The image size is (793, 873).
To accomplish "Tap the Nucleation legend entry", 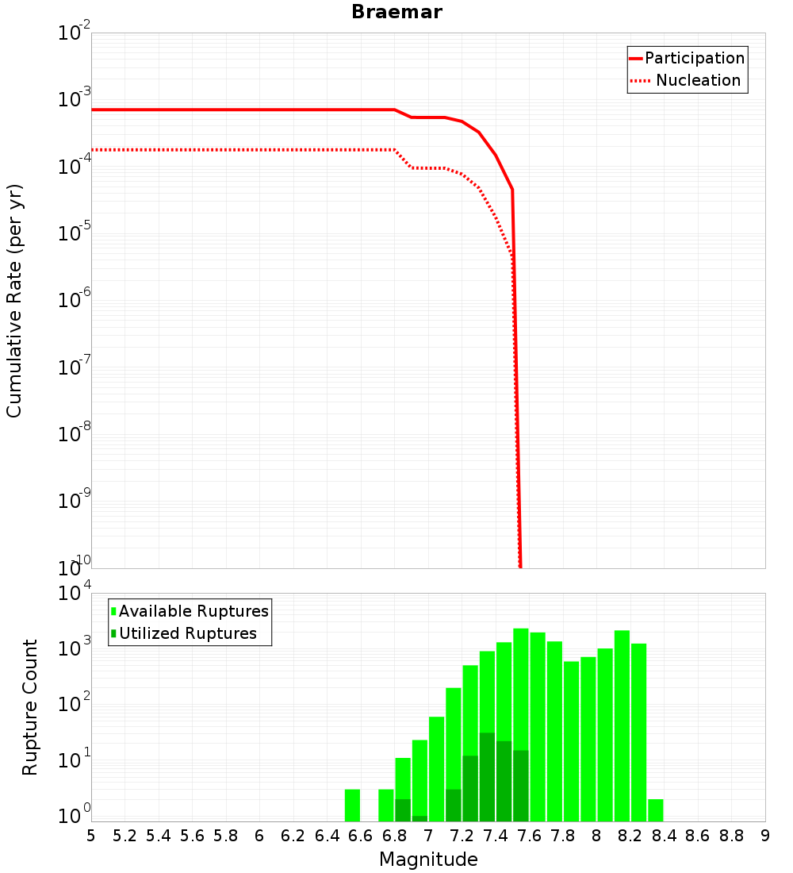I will click(698, 80).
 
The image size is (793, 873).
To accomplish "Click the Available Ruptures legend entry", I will click(193, 611).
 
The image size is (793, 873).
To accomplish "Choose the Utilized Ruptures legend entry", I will click(187, 633).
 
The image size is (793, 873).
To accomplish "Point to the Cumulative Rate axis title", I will click(14, 301).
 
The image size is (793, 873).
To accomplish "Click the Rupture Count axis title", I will click(30, 707).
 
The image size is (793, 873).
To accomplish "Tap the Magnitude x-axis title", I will click(428, 860).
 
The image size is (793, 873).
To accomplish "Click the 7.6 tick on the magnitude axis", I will click(529, 836).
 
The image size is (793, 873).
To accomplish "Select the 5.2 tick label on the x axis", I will click(125, 836).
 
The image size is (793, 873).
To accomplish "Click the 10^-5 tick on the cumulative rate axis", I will click(74, 234).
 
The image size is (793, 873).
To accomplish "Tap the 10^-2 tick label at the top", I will click(74, 34).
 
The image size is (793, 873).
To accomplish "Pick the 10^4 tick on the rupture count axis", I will click(74, 594).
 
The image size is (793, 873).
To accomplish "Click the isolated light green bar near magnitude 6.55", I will click(352, 805).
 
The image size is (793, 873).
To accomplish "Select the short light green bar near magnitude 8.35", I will click(655, 810).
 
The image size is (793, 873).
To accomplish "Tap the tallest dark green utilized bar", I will click(487, 777).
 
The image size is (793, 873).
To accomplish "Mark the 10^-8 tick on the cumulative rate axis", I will click(74, 434).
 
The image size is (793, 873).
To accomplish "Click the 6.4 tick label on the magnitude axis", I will click(327, 836).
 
